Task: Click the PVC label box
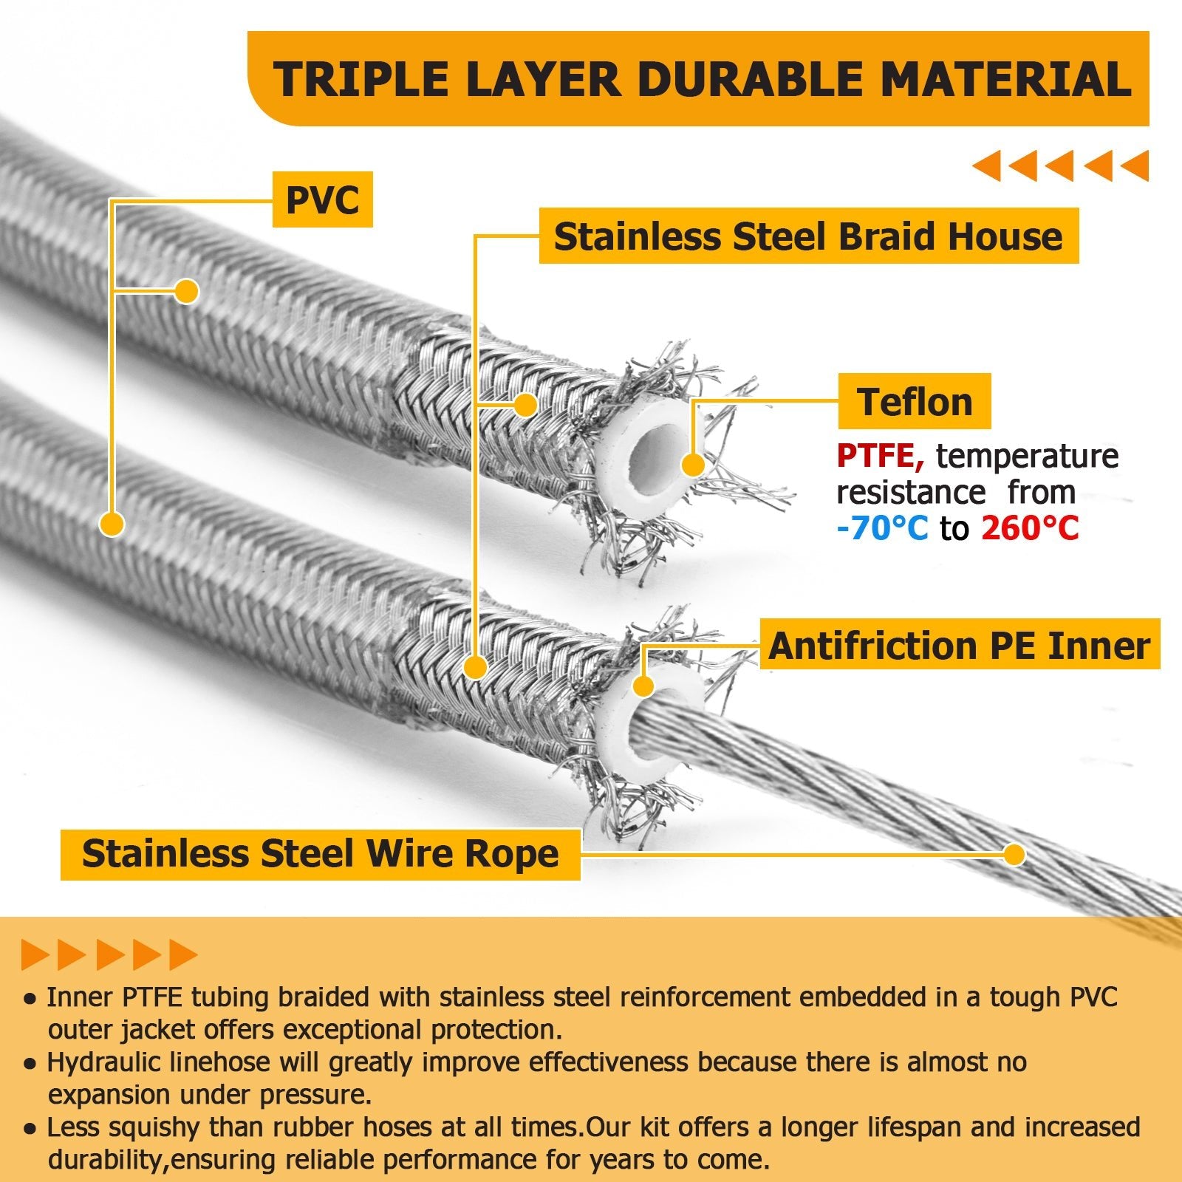pos(322,199)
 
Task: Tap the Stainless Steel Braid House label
pos(808,236)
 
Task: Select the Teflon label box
pos(915,402)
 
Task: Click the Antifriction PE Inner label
pos(959,645)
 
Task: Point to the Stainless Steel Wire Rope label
pos(320,854)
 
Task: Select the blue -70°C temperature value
pos(882,527)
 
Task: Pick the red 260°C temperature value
pos(1030,527)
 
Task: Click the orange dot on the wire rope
pos(1015,855)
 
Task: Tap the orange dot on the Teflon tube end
pos(693,465)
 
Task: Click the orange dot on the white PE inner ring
pos(643,686)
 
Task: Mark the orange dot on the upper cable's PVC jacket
pos(187,291)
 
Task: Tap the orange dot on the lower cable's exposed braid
pos(476,667)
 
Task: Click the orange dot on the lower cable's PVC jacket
pos(112,524)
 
